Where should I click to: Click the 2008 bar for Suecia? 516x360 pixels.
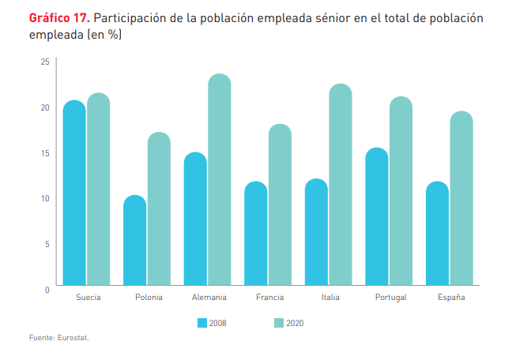74,193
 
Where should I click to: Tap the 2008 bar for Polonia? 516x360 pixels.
135,240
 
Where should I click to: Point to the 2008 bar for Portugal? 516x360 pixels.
377,216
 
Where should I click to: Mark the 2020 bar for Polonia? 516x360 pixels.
159,208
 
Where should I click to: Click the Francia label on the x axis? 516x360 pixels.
270,297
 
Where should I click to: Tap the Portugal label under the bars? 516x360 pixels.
391,297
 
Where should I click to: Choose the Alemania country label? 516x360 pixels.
209,297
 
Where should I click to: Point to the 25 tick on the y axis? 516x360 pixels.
45,62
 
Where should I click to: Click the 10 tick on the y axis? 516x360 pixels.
45,198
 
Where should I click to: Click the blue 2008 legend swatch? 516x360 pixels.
202,323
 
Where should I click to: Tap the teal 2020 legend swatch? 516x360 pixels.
278,323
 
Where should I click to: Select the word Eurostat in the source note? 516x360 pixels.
73,338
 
